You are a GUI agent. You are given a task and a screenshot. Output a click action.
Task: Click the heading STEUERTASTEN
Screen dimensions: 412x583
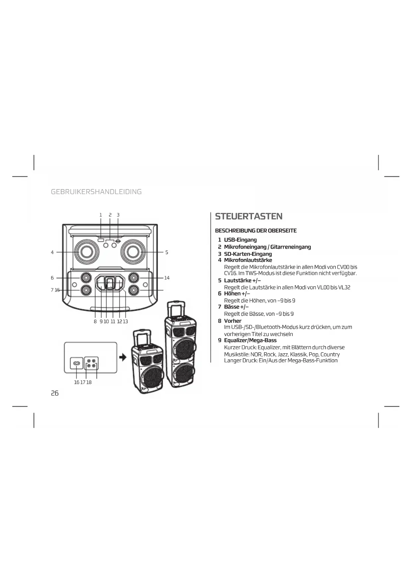pyautogui.click(x=249, y=216)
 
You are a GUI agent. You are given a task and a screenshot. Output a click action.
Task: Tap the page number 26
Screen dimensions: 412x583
pyautogui.click(x=55, y=393)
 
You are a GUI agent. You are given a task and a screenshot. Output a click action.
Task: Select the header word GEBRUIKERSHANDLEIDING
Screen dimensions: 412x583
pyautogui.click(x=96, y=192)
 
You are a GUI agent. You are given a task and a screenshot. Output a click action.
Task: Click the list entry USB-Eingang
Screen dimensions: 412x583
pyautogui.click(x=240, y=240)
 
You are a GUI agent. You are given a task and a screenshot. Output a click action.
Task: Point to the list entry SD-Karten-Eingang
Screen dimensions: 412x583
pyautogui.click(x=248, y=254)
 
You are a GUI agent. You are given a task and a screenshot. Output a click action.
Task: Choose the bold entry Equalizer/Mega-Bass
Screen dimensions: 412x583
pyautogui.click(x=250, y=340)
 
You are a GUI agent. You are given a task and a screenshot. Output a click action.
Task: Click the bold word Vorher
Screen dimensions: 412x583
pyautogui.click(x=232, y=321)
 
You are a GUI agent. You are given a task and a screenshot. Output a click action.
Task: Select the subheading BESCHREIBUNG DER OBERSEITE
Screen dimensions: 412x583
pyautogui.click(x=256, y=231)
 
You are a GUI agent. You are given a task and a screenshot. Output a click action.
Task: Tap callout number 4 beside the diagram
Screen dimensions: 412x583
pyautogui.click(x=52, y=253)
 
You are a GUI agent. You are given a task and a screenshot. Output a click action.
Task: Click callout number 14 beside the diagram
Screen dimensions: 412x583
pyautogui.click(x=167, y=278)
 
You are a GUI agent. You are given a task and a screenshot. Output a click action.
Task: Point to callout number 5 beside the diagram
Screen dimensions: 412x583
pyautogui.click(x=167, y=253)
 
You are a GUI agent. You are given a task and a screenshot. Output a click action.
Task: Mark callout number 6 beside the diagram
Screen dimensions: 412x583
pyautogui.click(x=52, y=278)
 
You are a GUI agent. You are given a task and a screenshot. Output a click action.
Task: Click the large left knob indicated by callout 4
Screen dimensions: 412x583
pyautogui.click(x=86, y=252)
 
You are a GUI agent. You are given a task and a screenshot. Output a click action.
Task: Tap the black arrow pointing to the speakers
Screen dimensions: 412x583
pyautogui.click(x=123, y=357)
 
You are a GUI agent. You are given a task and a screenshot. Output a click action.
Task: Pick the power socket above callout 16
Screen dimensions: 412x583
pyautogui.click(x=77, y=364)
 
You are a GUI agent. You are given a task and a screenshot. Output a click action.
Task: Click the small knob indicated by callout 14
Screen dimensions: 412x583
pyautogui.click(x=134, y=278)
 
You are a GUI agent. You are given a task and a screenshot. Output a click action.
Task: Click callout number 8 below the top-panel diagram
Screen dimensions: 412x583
pyautogui.click(x=95, y=321)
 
